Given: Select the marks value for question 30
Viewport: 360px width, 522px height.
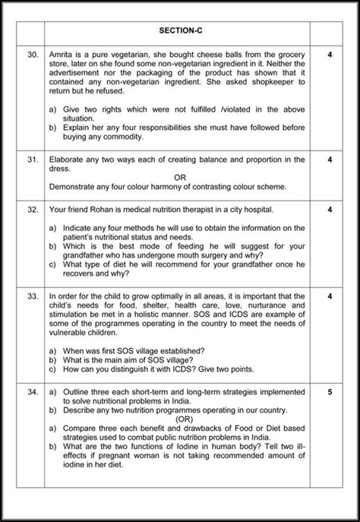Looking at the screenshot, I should pyautogui.click(x=330, y=55).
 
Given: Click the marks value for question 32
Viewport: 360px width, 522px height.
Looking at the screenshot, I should pyautogui.click(x=330, y=209).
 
